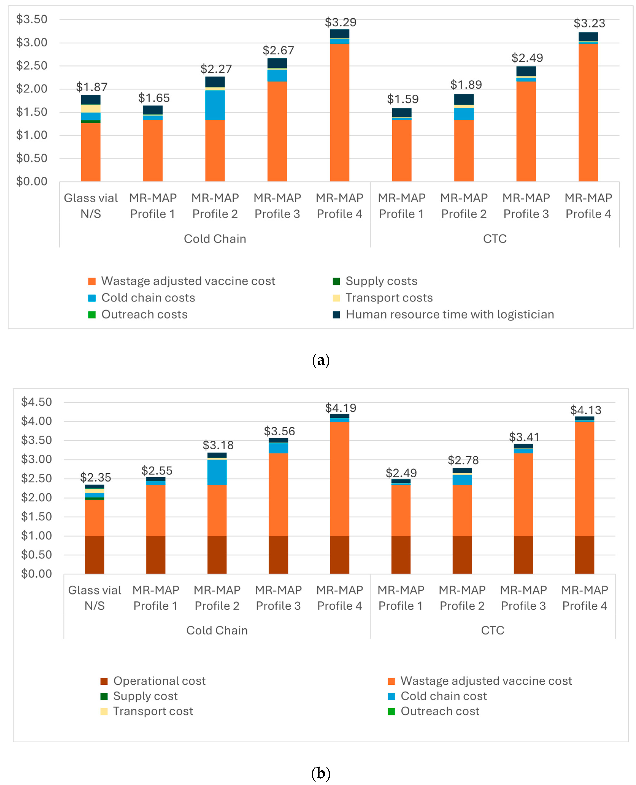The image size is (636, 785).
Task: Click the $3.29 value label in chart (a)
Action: tap(340, 22)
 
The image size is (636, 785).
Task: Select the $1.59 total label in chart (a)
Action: tap(403, 99)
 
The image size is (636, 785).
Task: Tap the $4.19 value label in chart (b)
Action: tap(341, 408)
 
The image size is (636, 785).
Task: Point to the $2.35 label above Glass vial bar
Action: tap(95, 477)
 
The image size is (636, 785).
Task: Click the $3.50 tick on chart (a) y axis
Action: tap(32, 19)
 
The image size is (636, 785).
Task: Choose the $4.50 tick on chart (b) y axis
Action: tap(36, 402)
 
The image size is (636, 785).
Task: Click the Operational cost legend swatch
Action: tap(104, 681)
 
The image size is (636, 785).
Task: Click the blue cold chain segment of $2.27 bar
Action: tap(215, 105)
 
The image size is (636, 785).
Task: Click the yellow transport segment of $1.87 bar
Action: tap(90, 109)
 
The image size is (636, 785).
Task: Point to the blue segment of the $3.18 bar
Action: tap(217, 472)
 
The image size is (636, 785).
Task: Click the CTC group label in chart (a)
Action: tap(495, 239)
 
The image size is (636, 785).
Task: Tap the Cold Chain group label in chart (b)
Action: tap(217, 631)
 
